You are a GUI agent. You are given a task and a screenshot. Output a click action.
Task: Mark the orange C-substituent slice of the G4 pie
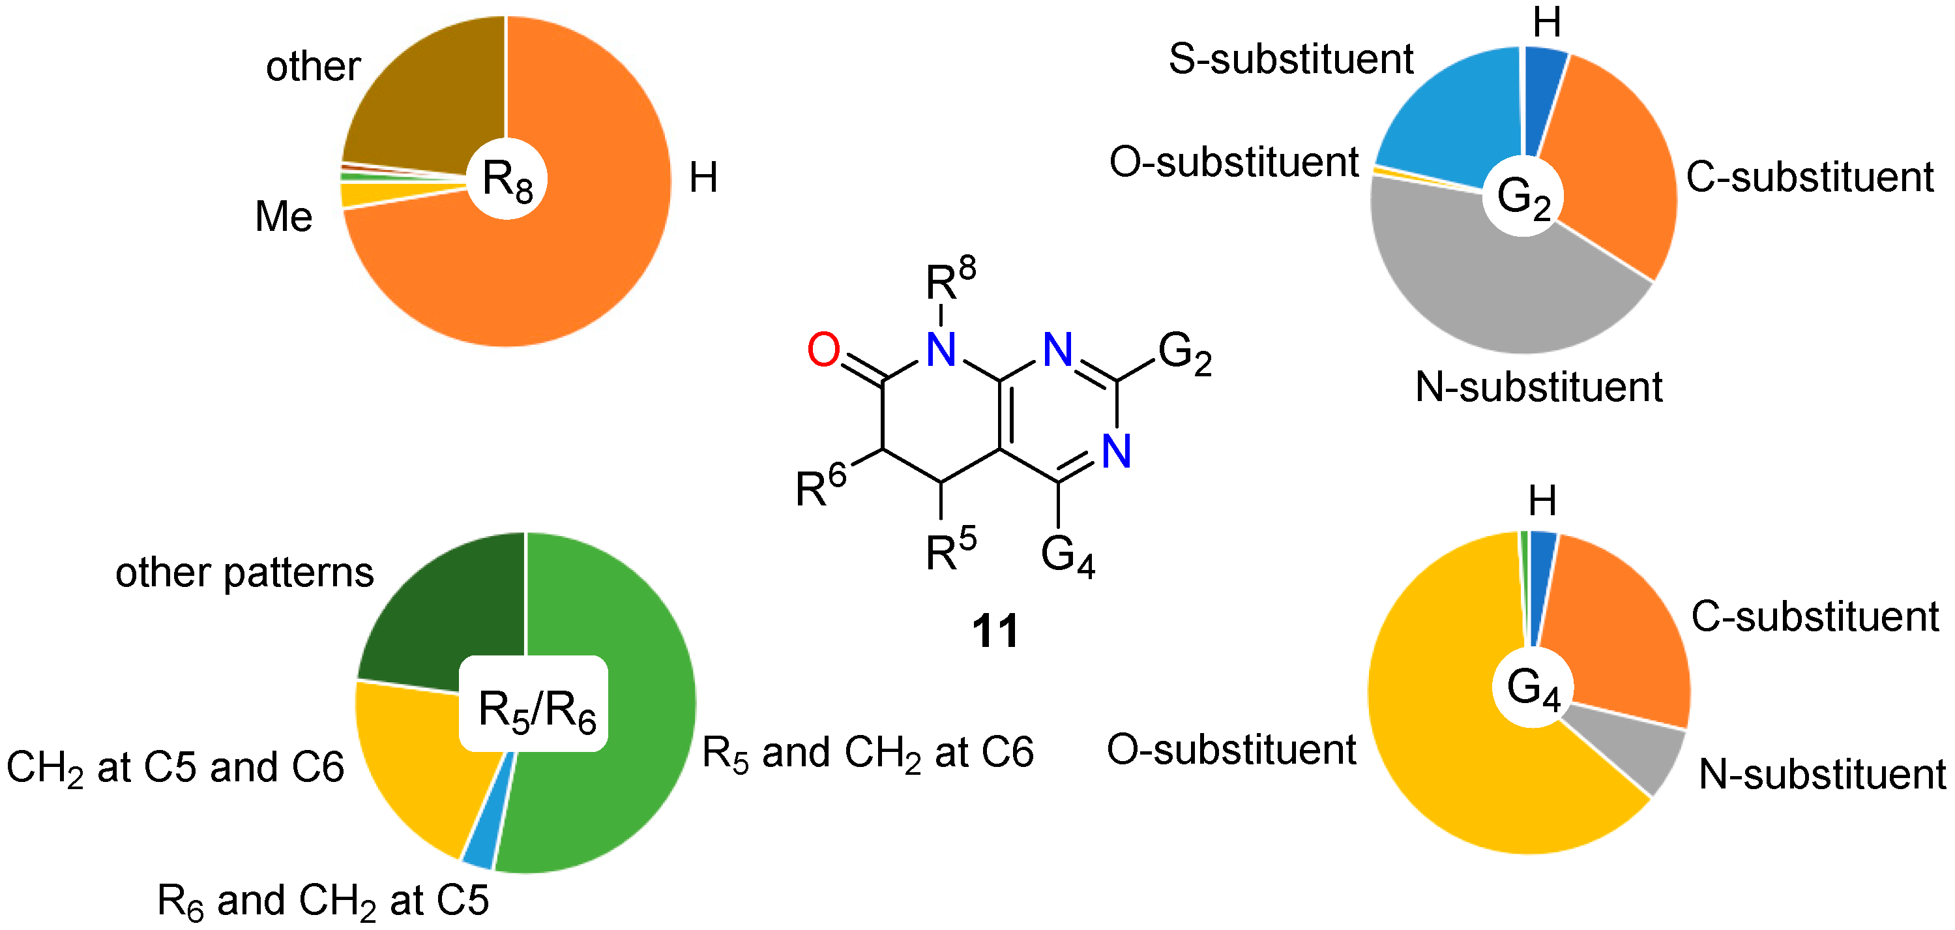click(x=1617, y=638)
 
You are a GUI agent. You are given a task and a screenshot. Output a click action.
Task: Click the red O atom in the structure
click(x=823, y=350)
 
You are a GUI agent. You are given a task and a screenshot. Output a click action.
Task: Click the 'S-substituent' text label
click(x=1290, y=59)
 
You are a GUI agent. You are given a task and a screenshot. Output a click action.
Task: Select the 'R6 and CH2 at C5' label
click(x=323, y=901)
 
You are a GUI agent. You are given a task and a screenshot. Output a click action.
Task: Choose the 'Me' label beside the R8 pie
click(x=283, y=217)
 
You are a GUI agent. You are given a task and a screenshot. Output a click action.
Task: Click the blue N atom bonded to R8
click(x=941, y=351)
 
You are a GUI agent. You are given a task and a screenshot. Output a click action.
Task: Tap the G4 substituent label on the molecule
click(x=1067, y=556)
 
